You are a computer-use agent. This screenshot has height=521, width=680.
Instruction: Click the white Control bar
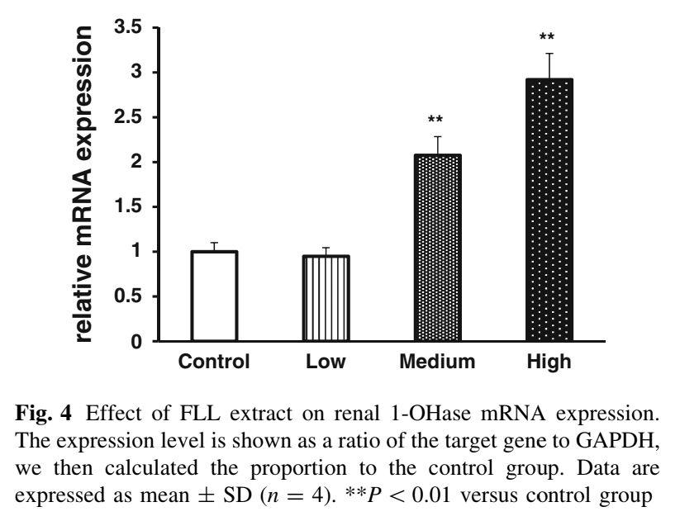pos(214,296)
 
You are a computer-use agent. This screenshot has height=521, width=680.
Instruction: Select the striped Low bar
pos(326,297)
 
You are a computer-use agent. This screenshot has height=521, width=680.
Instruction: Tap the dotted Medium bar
pos(437,248)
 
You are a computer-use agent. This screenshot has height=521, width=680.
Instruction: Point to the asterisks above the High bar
pos(546,37)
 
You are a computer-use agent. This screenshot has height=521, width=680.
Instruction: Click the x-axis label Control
pos(214,362)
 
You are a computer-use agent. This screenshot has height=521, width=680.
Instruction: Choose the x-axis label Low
pos(326,362)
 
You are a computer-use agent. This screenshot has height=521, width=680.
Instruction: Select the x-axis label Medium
pos(437,362)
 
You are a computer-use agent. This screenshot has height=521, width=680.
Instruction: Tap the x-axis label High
pos(549,362)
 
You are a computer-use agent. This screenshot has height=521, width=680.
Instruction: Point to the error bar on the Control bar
pos(214,246)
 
